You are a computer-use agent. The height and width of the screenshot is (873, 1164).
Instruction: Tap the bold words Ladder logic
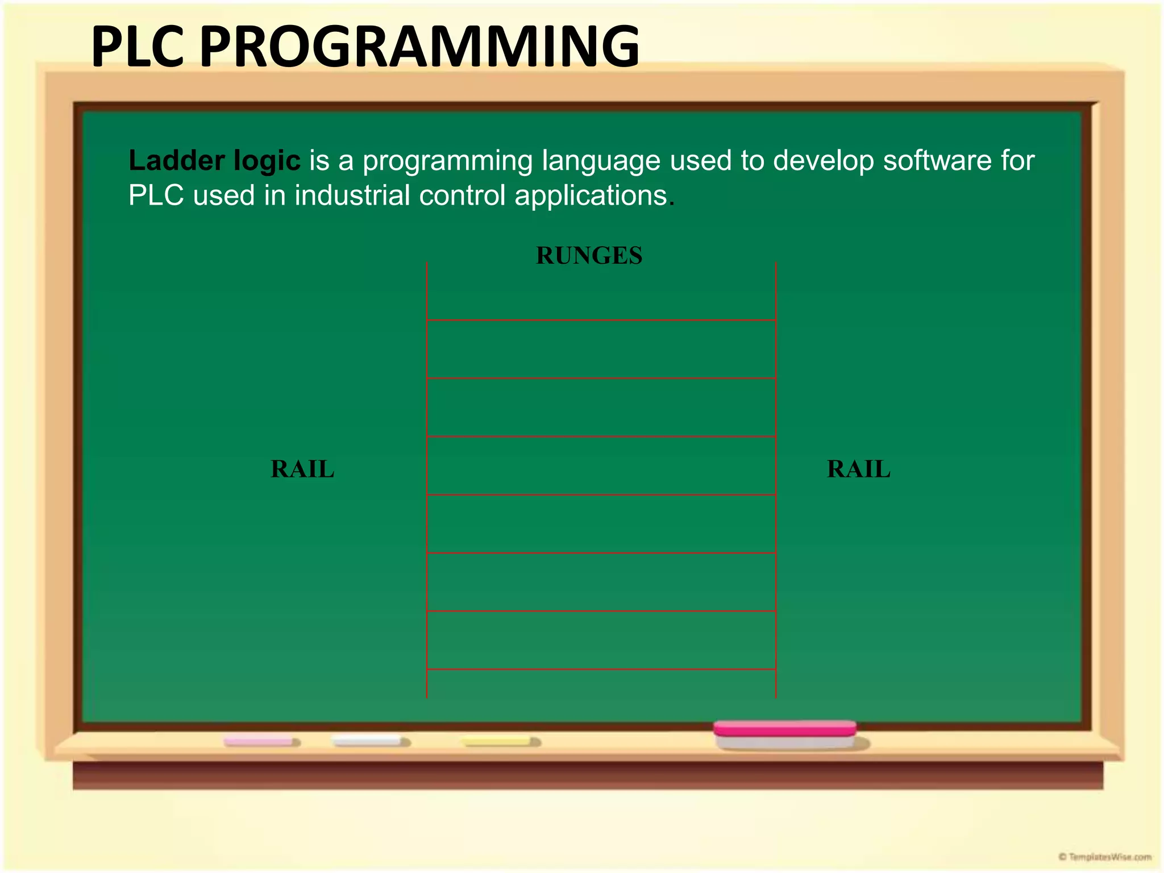pyautogui.click(x=214, y=161)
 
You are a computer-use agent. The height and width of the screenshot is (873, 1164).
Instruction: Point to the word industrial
pyautogui.click(x=352, y=196)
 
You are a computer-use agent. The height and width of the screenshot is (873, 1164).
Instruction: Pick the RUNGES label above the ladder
pyautogui.click(x=589, y=256)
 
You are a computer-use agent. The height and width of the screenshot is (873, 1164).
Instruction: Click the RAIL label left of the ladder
pyautogui.click(x=302, y=469)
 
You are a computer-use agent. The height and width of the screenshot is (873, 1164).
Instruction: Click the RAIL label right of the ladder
pyautogui.click(x=858, y=469)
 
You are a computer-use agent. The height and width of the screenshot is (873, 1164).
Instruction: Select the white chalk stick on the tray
pyautogui.click(x=368, y=741)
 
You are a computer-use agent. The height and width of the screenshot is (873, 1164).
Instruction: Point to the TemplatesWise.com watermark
pyautogui.click(x=1105, y=857)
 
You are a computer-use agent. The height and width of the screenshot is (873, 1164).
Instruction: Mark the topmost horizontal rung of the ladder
pyautogui.click(x=601, y=320)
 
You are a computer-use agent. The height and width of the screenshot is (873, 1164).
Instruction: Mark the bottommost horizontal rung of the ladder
pyautogui.click(x=601, y=669)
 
